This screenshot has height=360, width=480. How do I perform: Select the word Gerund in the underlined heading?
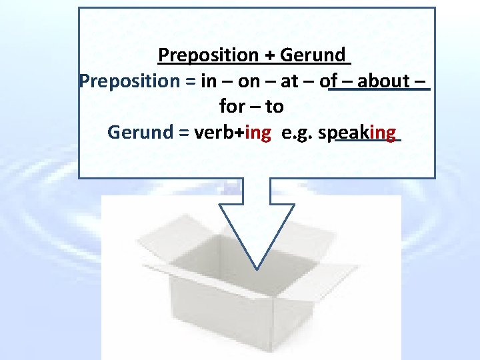(x=313, y=55)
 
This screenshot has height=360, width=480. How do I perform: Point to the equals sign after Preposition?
(x=185, y=81)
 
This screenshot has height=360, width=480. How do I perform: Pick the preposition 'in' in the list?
(x=208, y=81)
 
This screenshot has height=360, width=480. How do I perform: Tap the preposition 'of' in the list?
(x=328, y=81)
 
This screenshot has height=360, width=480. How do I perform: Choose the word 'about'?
(x=383, y=81)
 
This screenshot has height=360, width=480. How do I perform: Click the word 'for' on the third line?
(x=231, y=107)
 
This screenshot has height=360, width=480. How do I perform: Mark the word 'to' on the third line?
(x=275, y=107)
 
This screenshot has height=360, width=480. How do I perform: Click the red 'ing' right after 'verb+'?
(x=258, y=132)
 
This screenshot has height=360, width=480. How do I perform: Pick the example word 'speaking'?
(x=357, y=132)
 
